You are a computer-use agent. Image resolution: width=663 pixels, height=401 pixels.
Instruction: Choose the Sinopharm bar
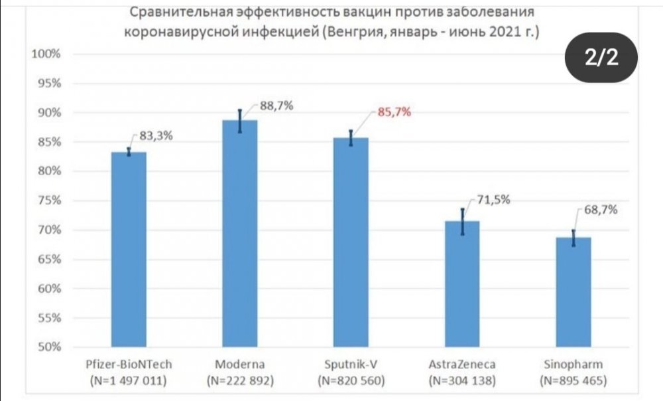click(573, 292)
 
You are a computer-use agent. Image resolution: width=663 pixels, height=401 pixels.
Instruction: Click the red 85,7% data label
click(394, 112)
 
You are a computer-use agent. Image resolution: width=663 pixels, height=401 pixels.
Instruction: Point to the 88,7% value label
click(276, 106)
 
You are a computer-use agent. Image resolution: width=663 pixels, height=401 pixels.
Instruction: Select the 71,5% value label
click(493, 200)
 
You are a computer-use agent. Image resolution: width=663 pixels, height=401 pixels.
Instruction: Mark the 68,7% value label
click(601, 210)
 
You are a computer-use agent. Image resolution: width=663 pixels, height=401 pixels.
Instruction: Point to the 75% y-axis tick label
click(48, 200)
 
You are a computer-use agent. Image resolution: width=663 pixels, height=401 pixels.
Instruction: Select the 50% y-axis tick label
click(48, 347)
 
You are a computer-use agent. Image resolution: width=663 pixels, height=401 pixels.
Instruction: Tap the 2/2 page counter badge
click(601, 58)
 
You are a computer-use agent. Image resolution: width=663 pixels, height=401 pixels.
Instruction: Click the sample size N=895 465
click(573, 381)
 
